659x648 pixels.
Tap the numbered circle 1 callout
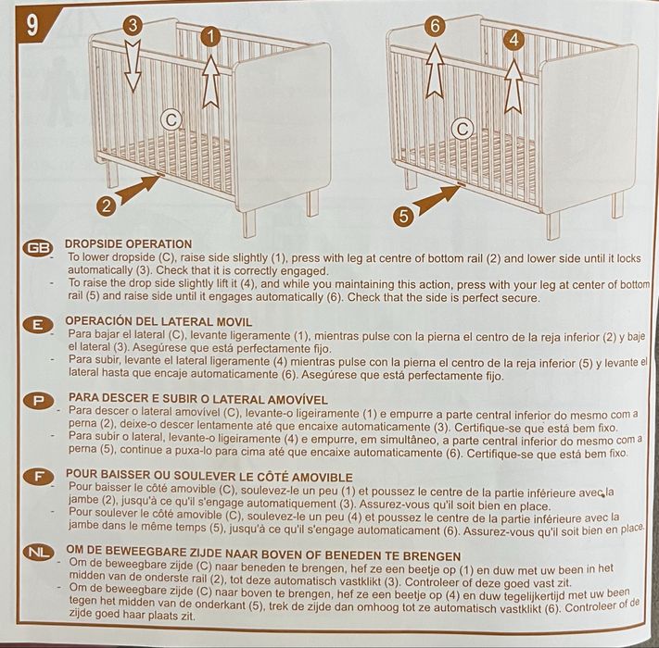click(x=212, y=37)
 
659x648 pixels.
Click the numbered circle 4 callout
click(x=514, y=39)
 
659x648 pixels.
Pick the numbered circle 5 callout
click(x=401, y=217)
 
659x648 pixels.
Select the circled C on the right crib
click(x=462, y=129)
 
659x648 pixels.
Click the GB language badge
click(x=38, y=248)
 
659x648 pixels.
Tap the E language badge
click(x=38, y=324)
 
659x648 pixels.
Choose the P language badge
click(x=38, y=401)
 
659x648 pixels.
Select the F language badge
click(x=38, y=476)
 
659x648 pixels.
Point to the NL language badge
click(x=38, y=552)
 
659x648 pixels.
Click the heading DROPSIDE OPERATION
click(x=129, y=244)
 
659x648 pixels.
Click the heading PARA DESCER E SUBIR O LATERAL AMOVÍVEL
click(x=196, y=398)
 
